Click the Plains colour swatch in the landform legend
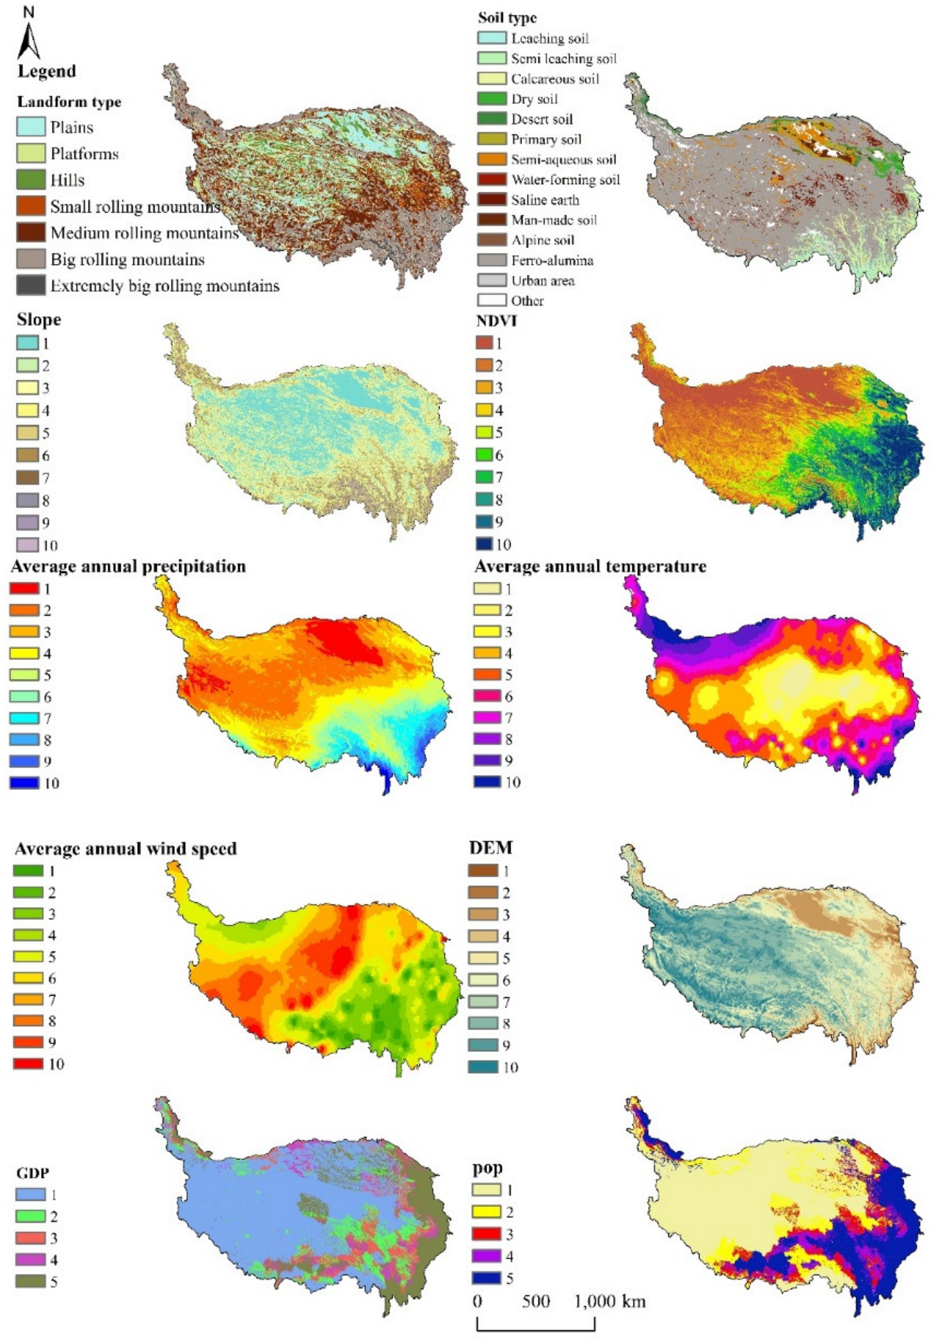30,127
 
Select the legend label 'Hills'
67,180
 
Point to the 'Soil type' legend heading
507,18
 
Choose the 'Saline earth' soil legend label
545,200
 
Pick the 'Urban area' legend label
543,281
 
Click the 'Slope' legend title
38,320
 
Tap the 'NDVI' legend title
496,320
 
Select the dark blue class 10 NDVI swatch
484,544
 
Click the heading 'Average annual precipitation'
128,567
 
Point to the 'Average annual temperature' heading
590,567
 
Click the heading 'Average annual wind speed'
126,849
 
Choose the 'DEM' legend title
490,848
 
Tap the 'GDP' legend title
33,1173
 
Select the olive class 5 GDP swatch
30,1282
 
